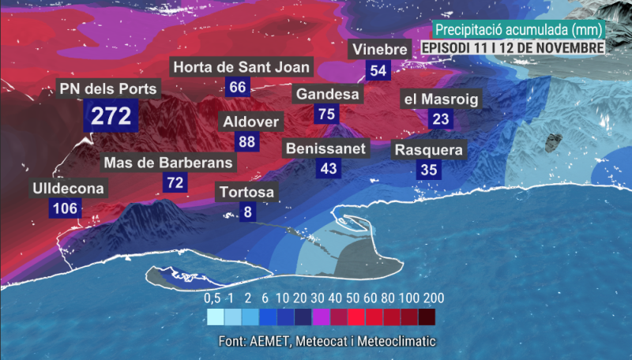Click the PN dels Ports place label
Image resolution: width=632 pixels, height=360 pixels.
tap(108, 88)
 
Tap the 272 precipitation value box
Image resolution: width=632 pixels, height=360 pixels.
tap(111, 116)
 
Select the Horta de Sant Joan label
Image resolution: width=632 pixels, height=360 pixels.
tap(242, 67)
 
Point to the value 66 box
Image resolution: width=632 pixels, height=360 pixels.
tap(237, 87)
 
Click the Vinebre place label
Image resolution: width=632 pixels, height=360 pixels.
tap(379, 50)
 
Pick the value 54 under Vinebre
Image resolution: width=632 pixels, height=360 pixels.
tap(378, 70)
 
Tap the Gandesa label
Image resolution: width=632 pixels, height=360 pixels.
tap(327, 95)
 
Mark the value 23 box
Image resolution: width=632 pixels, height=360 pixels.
tap(441, 119)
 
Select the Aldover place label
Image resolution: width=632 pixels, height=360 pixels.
tap(250, 122)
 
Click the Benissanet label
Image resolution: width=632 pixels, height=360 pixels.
tap(325, 148)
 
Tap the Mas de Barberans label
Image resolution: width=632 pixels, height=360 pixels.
tap(169, 163)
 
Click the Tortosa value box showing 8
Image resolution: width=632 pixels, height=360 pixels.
tap(248, 212)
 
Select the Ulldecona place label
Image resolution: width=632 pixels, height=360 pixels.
tap(68, 189)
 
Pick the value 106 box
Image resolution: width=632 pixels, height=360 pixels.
tap(65, 208)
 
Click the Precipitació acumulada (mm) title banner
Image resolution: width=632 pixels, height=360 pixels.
tap(518, 29)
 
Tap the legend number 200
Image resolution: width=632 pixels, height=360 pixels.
tap(433, 298)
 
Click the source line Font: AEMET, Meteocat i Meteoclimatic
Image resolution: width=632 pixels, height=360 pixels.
tap(327, 341)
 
